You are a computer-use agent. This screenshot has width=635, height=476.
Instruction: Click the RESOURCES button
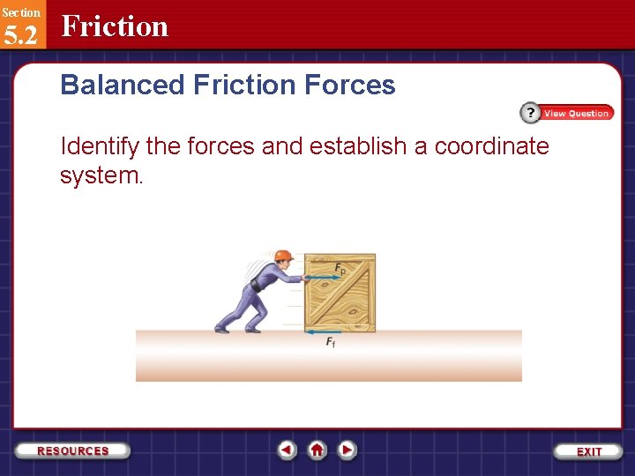tap(73, 450)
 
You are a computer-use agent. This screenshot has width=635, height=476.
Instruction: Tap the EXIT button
tap(589, 451)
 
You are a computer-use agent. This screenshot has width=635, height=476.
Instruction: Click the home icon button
tap(317, 450)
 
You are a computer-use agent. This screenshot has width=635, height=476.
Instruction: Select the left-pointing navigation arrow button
tap(287, 450)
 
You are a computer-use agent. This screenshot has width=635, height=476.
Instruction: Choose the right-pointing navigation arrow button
tap(347, 450)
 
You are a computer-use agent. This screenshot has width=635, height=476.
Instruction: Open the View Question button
tap(567, 113)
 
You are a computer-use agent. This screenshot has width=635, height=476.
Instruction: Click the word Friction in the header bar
tap(115, 26)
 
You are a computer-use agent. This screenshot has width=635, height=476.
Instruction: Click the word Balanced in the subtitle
tap(122, 86)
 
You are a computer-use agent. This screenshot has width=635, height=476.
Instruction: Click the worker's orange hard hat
tap(282, 256)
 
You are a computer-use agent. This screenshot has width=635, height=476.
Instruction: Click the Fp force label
tap(340, 268)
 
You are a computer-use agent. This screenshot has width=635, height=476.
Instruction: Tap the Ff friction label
tap(330, 342)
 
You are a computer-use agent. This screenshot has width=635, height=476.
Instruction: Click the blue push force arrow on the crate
tap(322, 278)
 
